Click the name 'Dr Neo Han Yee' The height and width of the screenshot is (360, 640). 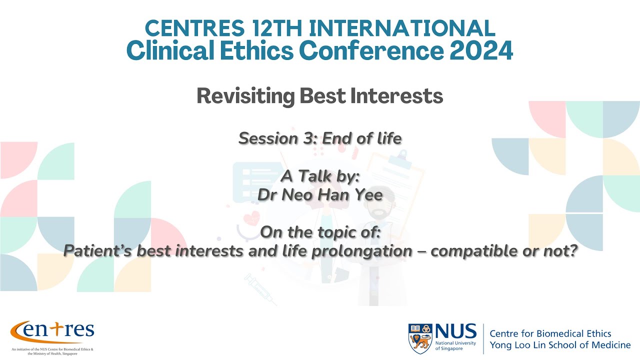[x=320, y=195]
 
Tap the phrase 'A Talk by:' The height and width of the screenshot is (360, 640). [x=320, y=176]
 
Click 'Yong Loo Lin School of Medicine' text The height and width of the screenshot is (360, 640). [x=559, y=345]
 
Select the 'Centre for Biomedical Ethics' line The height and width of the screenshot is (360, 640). [x=550, y=333]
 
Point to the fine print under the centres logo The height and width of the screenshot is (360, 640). [x=52, y=351]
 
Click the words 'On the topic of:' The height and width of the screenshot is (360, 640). [x=320, y=232]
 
